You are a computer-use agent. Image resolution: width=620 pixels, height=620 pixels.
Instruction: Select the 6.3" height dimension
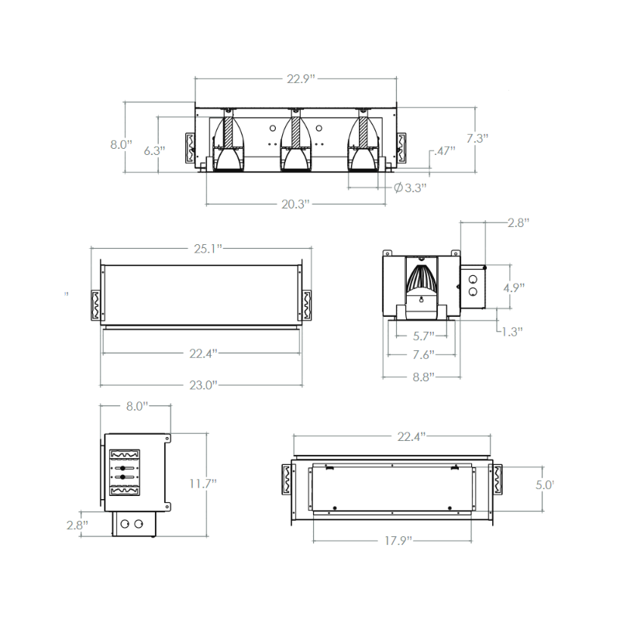[155, 151]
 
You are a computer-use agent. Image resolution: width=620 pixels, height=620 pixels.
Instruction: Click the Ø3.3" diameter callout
[411, 187]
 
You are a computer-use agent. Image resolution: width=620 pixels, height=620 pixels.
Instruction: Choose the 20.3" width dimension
[295, 204]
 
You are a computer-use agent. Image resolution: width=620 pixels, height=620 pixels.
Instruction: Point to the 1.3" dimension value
[511, 331]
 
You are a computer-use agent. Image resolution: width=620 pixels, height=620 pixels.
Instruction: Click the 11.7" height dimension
[204, 483]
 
